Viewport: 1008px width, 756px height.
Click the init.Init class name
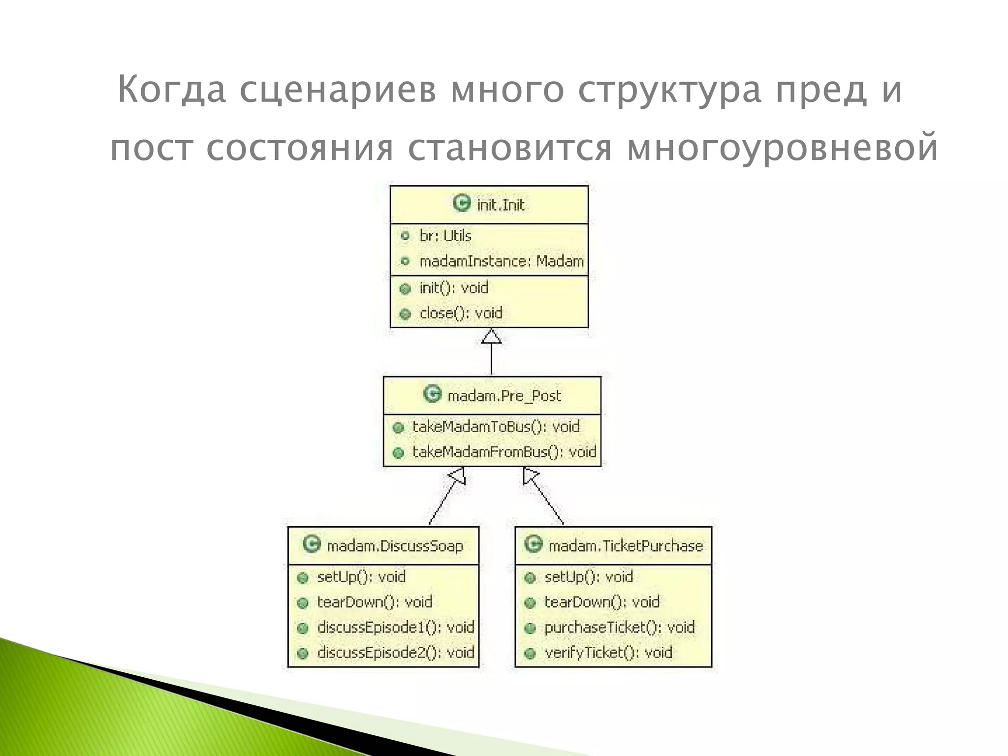(500, 205)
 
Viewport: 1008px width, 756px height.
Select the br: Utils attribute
(445, 236)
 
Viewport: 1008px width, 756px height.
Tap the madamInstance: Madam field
(501, 261)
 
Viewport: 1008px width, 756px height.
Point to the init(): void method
(453, 288)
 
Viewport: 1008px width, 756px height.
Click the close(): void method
(461, 313)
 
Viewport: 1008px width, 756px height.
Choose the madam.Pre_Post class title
(504, 396)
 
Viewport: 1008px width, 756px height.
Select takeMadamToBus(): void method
(496, 427)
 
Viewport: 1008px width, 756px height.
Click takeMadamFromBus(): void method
(504, 452)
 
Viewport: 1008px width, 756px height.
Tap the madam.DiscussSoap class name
(395, 546)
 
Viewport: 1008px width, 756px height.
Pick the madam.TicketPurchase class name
(625, 546)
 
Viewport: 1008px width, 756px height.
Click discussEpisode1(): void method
(395, 628)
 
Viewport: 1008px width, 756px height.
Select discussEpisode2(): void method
(395, 653)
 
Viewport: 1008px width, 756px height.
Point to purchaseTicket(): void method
(619, 628)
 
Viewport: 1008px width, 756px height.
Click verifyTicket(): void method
(608, 653)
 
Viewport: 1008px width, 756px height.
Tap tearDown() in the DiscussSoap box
(374, 602)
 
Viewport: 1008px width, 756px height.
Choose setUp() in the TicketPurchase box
(588, 577)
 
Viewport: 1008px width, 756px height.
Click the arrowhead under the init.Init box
(491, 337)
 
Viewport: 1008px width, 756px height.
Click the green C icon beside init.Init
(462, 203)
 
